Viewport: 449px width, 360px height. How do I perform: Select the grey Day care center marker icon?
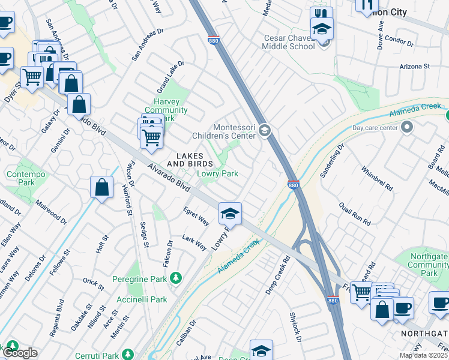point(408,127)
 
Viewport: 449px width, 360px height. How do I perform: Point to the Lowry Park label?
point(218,173)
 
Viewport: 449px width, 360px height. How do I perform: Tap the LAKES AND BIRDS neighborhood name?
point(190,160)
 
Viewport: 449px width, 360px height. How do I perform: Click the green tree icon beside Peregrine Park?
point(175,277)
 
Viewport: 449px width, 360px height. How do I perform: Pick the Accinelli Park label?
point(141,299)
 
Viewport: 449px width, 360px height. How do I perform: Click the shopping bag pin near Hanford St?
point(101,187)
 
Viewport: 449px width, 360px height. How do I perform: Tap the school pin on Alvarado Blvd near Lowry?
point(229,213)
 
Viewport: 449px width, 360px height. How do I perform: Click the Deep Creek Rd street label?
point(278,275)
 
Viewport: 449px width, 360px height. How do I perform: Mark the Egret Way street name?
point(196,217)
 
